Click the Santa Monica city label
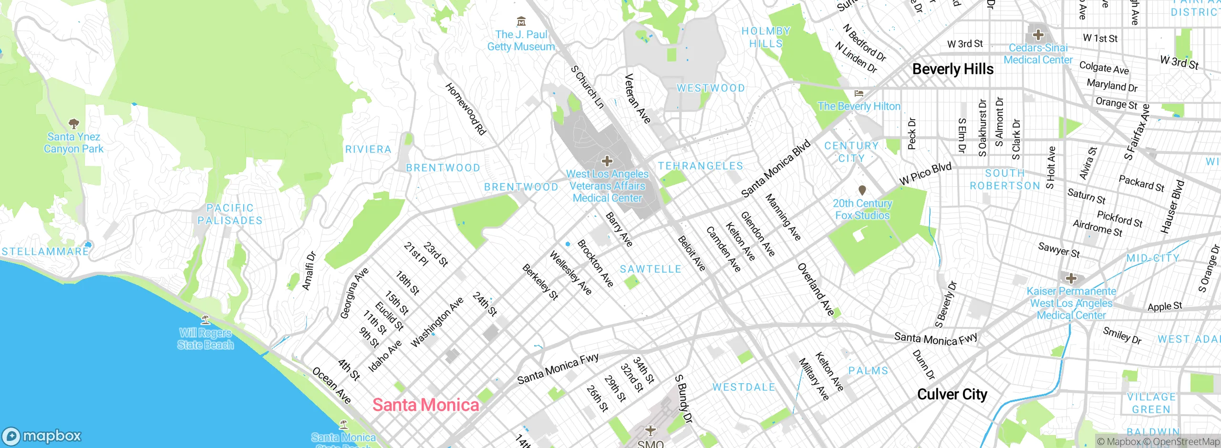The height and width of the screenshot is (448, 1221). click(x=425, y=405)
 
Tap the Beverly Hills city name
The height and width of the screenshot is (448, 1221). click(x=952, y=69)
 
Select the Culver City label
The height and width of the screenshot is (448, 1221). click(x=952, y=395)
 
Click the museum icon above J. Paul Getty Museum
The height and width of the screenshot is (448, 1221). click(x=521, y=21)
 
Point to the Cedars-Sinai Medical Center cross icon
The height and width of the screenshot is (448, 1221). click(x=1038, y=35)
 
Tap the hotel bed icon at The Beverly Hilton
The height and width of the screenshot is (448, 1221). click(x=859, y=93)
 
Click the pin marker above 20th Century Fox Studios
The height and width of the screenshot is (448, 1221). click(x=862, y=190)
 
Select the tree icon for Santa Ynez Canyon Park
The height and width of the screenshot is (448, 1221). click(x=73, y=124)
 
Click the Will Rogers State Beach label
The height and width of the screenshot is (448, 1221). click(x=206, y=338)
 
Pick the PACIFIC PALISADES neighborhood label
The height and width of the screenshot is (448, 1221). click(x=230, y=214)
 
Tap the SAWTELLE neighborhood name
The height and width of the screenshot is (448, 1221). click(x=651, y=269)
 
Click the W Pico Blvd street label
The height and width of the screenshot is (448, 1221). click(x=925, y=174)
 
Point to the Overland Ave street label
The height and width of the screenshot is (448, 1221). click(x=816, y=289)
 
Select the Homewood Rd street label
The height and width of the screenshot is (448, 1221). click(x=466, y=109)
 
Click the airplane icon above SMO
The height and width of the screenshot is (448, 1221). click(x=651, y=430)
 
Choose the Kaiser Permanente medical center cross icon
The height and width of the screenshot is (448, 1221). click(x=1071, y=278)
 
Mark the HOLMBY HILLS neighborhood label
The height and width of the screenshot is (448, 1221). click(x=766, y=37)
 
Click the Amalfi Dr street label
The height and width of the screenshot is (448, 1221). click(x=309, y=271)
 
